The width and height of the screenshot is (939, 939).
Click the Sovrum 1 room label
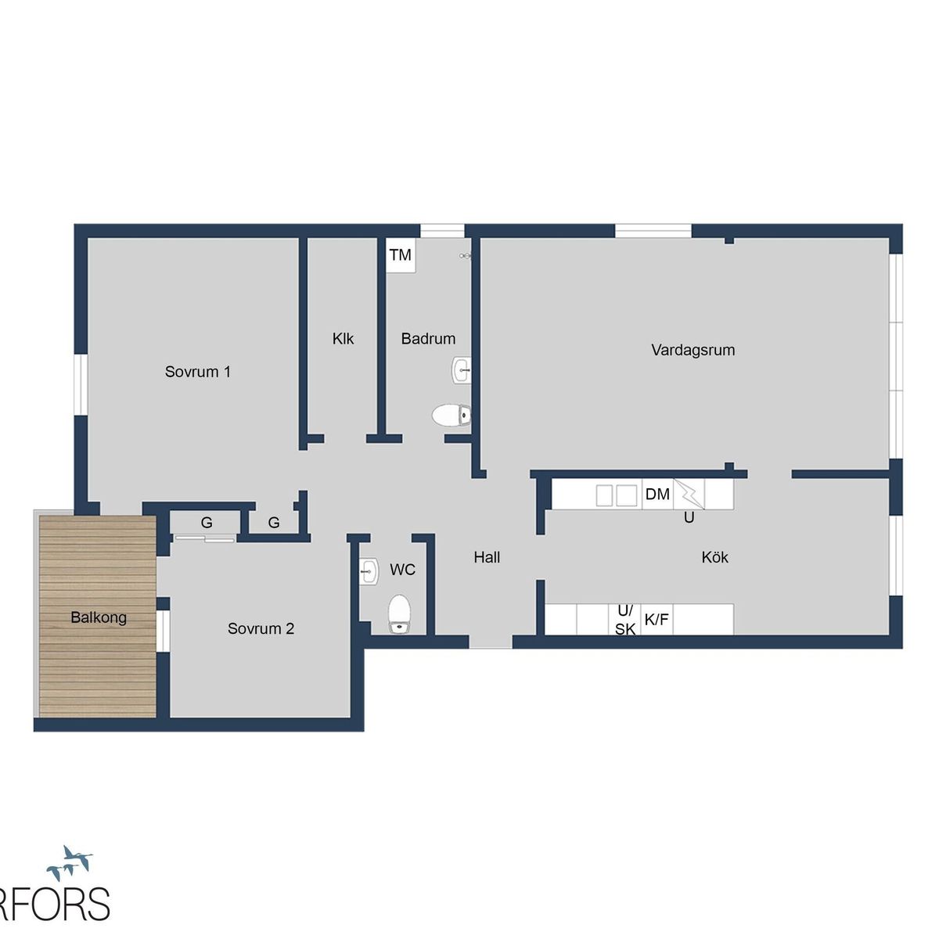(197, 372)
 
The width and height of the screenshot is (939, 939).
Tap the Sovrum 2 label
(261, 628)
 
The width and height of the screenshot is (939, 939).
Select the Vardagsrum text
(693, 351)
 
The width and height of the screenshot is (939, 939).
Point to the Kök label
(715, 557)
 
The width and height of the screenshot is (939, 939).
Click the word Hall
(487, 557)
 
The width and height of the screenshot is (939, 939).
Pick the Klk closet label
(343, 339)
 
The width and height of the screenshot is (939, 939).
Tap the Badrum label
(428, 339)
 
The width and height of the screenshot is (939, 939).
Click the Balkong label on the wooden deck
(99, 618)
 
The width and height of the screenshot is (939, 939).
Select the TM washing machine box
(401, 255)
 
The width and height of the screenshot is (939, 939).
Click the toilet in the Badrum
(452, 416)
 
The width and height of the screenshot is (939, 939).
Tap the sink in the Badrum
(462, 370)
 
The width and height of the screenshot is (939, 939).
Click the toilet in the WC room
(400, 614)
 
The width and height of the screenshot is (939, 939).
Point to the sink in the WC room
(369, 571)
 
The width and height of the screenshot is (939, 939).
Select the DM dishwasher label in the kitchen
(657, 494)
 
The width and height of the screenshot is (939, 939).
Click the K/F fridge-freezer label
(657, 620)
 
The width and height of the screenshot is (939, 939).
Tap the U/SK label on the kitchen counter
(625, 621)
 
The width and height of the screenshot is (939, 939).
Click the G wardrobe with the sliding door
(206, 523)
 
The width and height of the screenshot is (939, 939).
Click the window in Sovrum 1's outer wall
(81, 385)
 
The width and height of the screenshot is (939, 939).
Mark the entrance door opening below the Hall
(491, 642)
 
